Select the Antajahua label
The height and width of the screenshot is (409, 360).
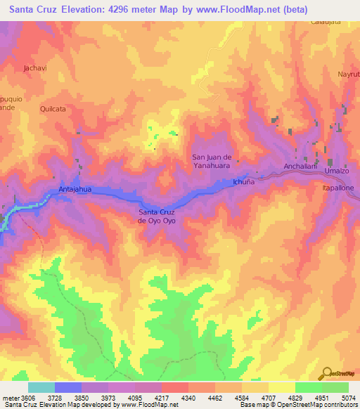[x=75, y=189]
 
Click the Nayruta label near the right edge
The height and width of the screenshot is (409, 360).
[x=349, y=74]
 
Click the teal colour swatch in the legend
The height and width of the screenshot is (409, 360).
[x=41, y=387]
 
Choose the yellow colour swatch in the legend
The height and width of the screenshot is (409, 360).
[x=281, y=387]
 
